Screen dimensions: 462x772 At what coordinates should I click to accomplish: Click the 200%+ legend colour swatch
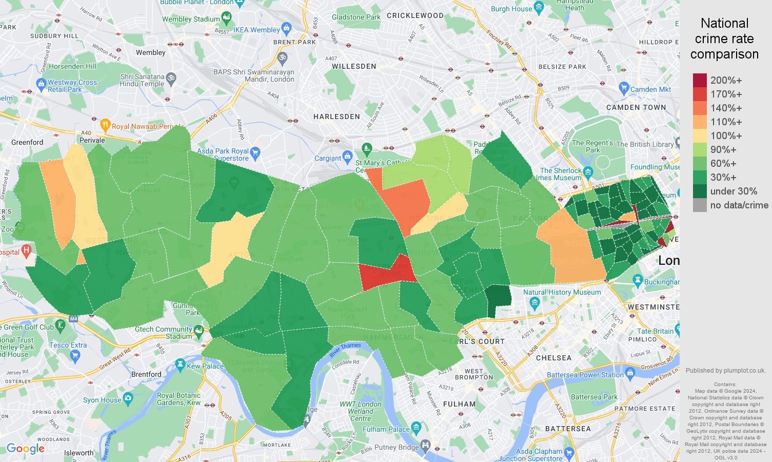(x=700, y=80)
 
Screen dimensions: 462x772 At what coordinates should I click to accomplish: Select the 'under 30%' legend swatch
(x=700, y=191)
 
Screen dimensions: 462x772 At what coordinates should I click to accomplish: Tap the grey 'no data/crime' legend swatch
(x=700, y=205)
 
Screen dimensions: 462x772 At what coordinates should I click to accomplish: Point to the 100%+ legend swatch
(x=700, y=136)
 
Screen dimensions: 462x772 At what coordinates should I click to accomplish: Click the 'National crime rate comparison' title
(x=724, y=38)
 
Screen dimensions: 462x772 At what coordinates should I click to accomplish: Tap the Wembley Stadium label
(x=191, y=20)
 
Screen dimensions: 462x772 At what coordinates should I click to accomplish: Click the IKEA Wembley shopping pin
(x=287, y=28)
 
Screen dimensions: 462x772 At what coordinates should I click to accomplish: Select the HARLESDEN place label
(x=336, y=117)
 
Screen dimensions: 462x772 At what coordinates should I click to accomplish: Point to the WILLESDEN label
(x=354, y=66)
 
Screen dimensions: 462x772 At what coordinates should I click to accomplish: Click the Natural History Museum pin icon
(x=535, y=303)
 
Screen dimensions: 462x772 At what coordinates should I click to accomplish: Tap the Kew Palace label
(x=205, y=366)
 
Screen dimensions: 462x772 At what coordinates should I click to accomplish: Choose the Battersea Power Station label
(x=585, y=375)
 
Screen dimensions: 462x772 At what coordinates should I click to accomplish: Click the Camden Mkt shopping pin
(x=624, y=87)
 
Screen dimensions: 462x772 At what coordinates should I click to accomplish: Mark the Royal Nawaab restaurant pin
(x=105, y=124)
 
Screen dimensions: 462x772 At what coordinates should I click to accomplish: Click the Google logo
(x=25, y=449)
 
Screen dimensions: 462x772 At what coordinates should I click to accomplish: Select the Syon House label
(x=102, y=400)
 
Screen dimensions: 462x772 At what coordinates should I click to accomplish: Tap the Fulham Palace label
(x=386, y=429)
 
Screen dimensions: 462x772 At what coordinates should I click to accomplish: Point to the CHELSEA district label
(x=553, y=358)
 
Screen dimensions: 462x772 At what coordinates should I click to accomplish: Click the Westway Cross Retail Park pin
(x=41, y=84)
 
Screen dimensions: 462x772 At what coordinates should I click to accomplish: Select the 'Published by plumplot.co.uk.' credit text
(x=725, y=370)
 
